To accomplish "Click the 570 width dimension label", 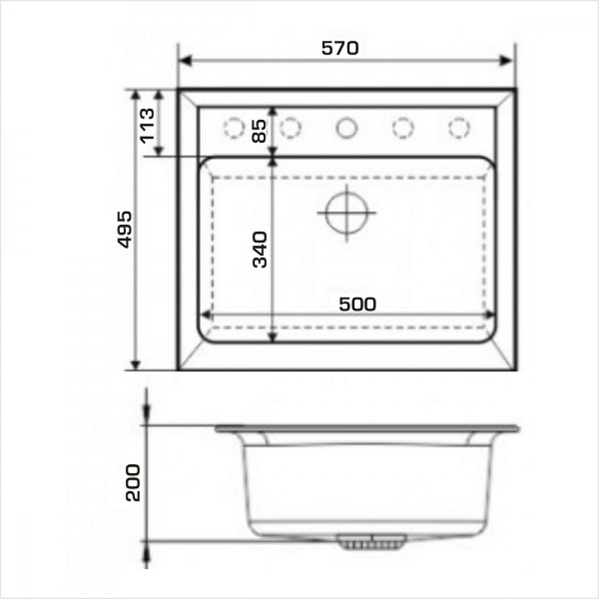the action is [340, 48].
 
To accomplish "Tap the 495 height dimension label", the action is [125, 229].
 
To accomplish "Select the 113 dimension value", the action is [147, 126].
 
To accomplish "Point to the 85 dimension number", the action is [259, 131].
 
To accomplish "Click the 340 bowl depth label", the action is [260, 249].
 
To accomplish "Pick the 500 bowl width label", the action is [358, 304].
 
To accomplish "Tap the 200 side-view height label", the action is [133, 482].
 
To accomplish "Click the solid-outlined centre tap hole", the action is [347, 128].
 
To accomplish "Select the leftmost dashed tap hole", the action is [234, 128].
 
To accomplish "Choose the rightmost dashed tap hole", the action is [459, 128].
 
